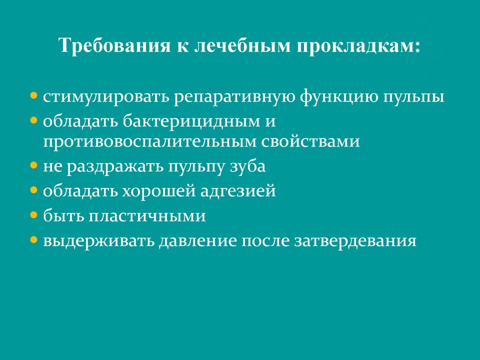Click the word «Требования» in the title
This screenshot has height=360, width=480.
(114, 45)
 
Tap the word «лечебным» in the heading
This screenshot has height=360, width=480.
(242, 45)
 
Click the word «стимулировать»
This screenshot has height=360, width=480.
(106, 96)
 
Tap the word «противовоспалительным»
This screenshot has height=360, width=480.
(149, 141)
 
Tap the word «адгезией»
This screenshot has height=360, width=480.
(238, 191)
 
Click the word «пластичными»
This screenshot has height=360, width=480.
(147, 216)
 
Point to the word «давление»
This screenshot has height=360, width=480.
(198, 241)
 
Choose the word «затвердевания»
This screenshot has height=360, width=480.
(355, 241)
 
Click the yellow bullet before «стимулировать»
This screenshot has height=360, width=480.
(33, 95)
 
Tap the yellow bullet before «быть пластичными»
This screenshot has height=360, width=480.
(33, 214)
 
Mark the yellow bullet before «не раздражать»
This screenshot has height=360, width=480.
(33, 165)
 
